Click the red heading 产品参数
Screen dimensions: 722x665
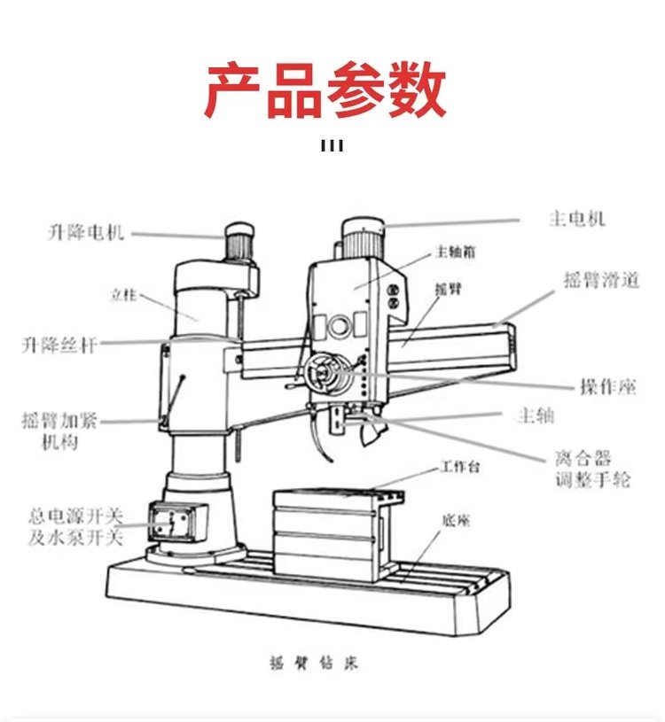pos(325,91)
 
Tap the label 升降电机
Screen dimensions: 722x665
pos(86,234)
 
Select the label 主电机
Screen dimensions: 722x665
pos(577,218)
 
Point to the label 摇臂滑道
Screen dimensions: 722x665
pos(601,281)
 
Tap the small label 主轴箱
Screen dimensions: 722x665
pos(456,252)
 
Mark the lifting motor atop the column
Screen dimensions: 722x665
pos(238,240)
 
